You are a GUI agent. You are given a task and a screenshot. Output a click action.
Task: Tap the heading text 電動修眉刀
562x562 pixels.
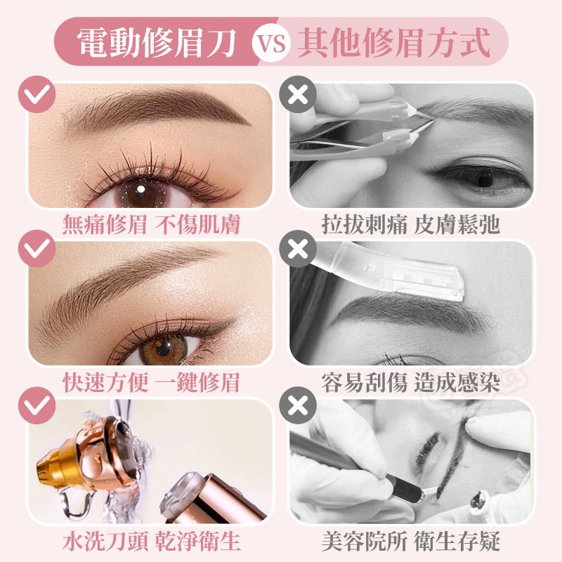(157, 43)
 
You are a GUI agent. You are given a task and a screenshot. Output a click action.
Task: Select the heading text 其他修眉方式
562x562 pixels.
(394, 43)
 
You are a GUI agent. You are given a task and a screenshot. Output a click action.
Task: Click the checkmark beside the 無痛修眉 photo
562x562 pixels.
(37, 94)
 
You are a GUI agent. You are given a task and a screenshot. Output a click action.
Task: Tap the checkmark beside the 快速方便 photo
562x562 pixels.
(37, 249)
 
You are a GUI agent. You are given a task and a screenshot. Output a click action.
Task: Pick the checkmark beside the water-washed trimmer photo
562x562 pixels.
(37, 405)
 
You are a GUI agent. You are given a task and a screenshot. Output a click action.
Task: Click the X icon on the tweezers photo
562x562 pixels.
(298, 94)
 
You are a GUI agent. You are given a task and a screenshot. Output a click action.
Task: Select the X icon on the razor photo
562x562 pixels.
(298, 249)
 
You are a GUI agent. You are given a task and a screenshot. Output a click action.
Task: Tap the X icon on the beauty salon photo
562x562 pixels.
(298, 405)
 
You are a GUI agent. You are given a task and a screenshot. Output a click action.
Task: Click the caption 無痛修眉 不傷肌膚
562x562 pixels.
(151, 225)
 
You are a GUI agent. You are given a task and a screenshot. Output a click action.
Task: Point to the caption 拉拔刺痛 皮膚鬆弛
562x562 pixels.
(411, 225)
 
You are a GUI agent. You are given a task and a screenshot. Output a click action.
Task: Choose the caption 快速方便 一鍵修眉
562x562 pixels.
(151, 382)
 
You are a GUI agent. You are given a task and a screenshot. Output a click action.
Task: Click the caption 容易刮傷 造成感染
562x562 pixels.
(411, 382)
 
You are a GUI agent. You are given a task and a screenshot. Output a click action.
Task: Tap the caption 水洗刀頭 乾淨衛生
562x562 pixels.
(151, 541)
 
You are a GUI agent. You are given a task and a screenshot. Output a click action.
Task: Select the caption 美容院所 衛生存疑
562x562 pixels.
(411, 541)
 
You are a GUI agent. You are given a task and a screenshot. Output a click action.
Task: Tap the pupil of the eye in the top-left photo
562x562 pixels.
(140, 190)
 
